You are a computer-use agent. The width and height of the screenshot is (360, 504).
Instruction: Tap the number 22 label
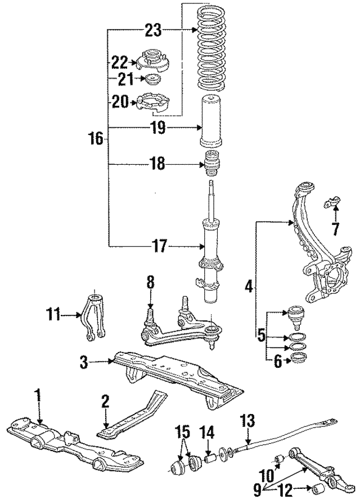pyautogui.click(x=119, y=61)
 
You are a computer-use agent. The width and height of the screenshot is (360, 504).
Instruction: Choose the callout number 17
pyautogui.click(x=159, y=246)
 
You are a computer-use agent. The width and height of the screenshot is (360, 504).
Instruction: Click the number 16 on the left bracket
pyautogui.click(x=96, y=138)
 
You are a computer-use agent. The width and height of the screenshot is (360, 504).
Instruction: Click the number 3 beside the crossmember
pyautogui.click(x=83, y=363)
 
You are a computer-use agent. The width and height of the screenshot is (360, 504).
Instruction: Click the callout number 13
pyautogui.click(x=248, y=420)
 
